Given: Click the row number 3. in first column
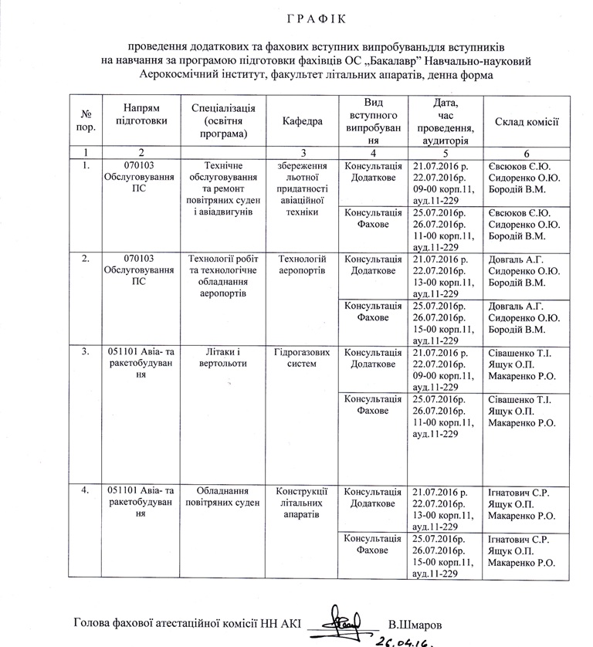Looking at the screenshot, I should pyautogui.click(x=86, y=353).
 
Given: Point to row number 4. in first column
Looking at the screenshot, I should pyautogui.click(x=86, y=491).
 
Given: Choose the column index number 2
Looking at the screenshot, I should pyautogui.click(x=141, y=153).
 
